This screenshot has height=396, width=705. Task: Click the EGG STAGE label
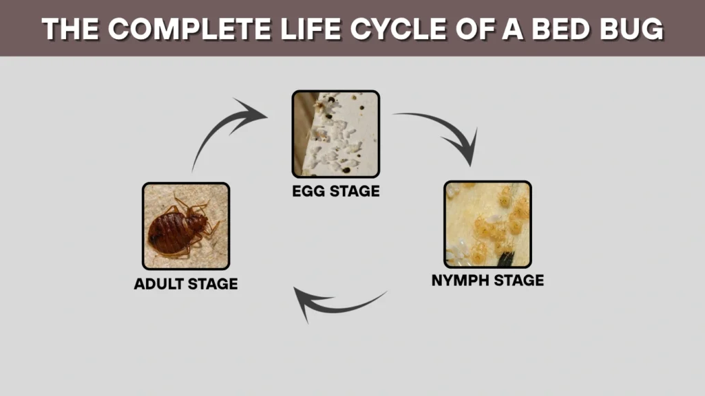coord(335,190)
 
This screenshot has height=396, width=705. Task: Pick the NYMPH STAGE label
coord(487,280)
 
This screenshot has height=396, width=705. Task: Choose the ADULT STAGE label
coord(185,283)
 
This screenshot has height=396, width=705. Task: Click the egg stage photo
coord(335,134)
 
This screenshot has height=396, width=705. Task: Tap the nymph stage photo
coord(487,224)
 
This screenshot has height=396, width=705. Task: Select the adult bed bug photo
coord(185,226)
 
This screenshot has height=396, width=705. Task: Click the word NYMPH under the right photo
coord(461,280)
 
